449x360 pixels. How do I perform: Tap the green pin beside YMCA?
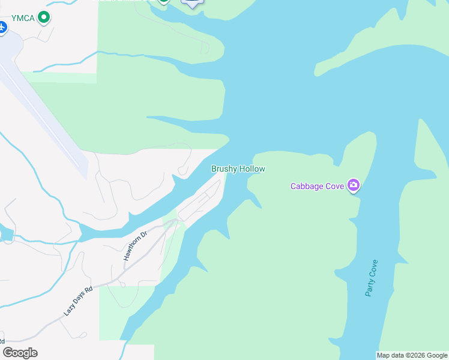pos(43,17)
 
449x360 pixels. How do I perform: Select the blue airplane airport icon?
pos(2,27)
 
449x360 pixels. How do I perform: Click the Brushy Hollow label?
pos(238,169)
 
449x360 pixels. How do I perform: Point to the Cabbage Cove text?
pos(317,186)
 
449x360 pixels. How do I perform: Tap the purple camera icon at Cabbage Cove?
pos(354,185)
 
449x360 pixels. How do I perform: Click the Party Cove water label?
pos(372,278)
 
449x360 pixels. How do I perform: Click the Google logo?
pos(20,352)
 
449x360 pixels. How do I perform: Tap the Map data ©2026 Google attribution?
pos(412,355)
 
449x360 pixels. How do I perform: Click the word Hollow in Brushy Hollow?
pos(252,169)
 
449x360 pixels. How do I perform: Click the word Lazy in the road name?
pos(68,311)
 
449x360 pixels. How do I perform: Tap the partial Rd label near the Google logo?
pos(3,340)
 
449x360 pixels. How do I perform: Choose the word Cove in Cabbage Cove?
pos(335,186)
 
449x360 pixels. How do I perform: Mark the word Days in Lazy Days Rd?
pos(79,300)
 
